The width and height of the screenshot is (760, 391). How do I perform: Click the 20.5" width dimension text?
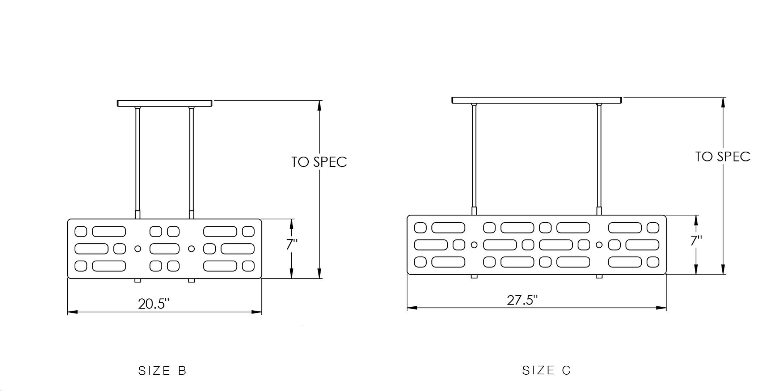(x=153, y=304)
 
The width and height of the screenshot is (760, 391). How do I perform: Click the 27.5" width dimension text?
(x=522, y=300)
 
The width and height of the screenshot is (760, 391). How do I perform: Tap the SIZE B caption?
(x=162, y=371)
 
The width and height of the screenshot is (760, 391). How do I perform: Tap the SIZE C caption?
(x=546, y=370)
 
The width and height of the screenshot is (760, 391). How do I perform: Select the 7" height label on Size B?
(x=292, y=245)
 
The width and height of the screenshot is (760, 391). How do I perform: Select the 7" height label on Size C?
(x=696, y=241)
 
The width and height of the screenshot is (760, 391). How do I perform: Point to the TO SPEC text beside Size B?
(x=319, y=162)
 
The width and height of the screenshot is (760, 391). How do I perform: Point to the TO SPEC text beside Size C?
(x=723, y=157)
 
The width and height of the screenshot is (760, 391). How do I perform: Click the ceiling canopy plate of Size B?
(x=165, y=104)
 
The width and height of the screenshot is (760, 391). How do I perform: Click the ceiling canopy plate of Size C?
(x=537, y=100)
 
